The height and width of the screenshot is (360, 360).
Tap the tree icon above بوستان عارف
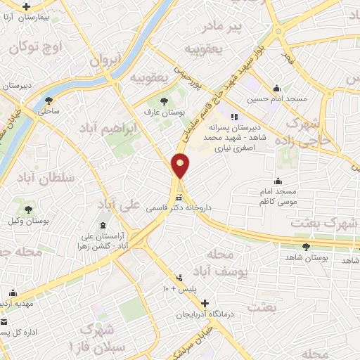[x=165, y=101]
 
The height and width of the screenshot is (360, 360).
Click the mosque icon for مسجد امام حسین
[x=278, y=89]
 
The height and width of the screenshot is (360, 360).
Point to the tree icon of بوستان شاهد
[x=306, y=247]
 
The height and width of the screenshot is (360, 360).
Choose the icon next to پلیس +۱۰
[x=180, y=278]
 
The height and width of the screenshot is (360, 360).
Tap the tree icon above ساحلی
[x=49, y=100]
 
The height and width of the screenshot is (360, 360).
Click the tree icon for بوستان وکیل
[x=28, y=210]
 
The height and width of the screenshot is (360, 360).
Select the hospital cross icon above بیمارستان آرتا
[x=27, y=6]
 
